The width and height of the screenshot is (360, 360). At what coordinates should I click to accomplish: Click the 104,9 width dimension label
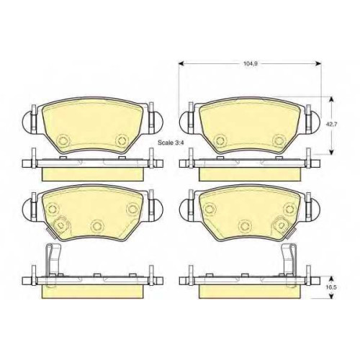pos(250,64)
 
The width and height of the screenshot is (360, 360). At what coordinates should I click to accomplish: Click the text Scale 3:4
pos(171,143)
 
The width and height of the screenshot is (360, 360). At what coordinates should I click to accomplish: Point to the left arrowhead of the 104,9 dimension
pos(181,63)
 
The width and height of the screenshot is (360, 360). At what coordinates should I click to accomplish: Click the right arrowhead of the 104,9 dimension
pos(318,63)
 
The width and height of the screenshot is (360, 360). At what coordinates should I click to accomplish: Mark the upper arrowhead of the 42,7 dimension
pos(331,99)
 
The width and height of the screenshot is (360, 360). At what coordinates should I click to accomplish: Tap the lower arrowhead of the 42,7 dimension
pos(331,151)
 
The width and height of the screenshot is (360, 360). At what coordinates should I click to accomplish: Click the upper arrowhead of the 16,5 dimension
pos(331,279)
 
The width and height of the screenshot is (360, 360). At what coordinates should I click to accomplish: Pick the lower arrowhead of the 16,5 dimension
pos(331,296)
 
